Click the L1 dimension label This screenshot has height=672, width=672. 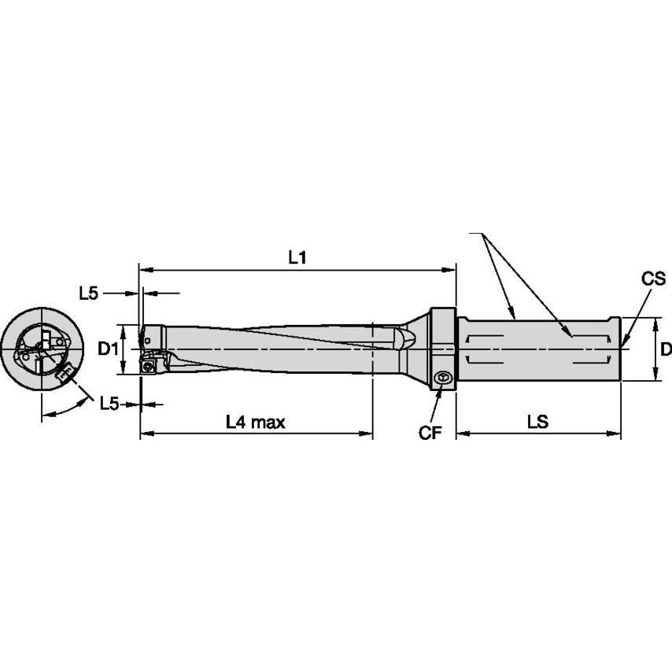[x=297, y=257]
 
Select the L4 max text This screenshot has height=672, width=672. [x=255, y=423]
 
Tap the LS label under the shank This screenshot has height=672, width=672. [x=537, y=423]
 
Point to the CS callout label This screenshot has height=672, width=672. [x=653, y=279]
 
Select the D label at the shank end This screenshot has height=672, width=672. [x=665, y=349]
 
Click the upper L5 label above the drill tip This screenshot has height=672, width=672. [x=89, y=294]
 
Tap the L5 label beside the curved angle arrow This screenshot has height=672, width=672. [x=109, y=404]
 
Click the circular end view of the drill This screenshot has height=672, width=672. [x=42, y=349]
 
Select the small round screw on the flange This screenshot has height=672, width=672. [x=443, y=378]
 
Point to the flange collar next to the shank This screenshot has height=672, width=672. [x=443, y=346]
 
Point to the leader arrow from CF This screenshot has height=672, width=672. [x=436, y=404]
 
